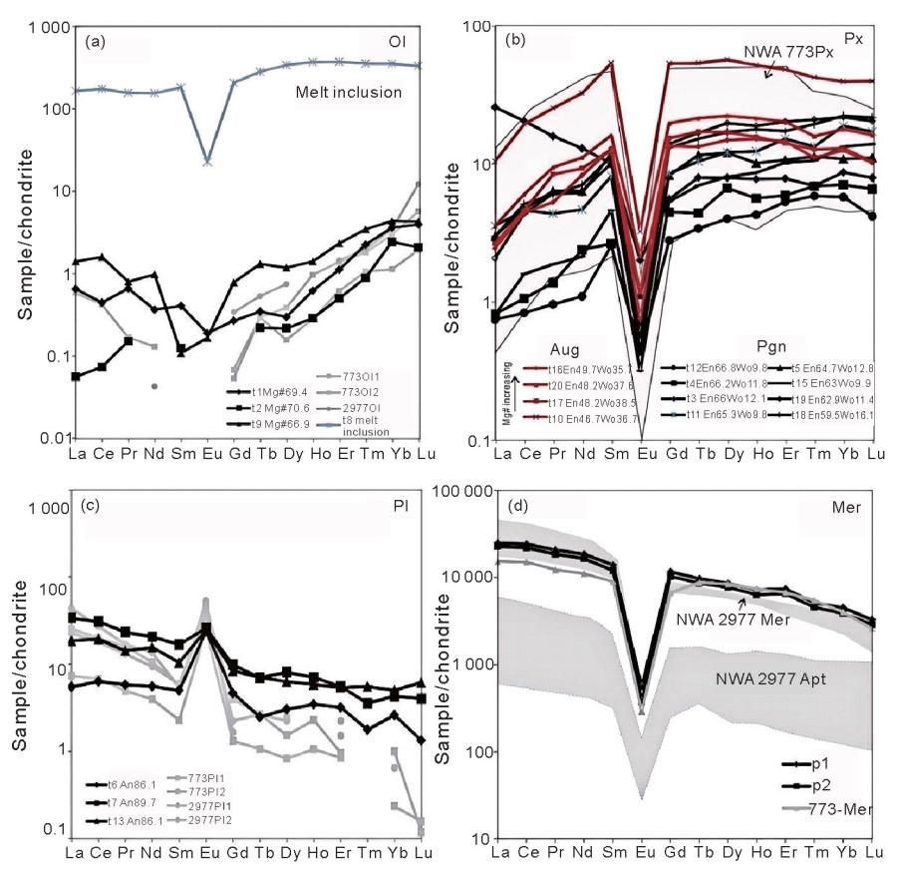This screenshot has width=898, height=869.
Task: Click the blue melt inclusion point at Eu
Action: pyautogui.click(x=207, y=161)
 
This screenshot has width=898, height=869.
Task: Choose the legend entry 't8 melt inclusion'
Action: pyautogui.click(x=360, y=426)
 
